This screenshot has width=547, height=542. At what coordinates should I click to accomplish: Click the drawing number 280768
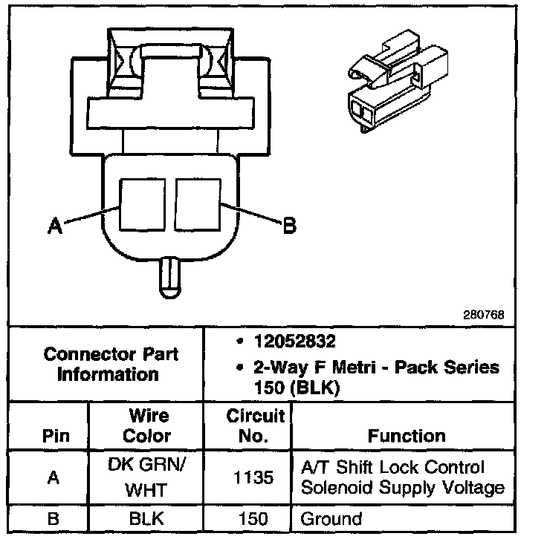(484, 314)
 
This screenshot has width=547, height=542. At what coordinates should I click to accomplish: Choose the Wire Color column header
(146, 425)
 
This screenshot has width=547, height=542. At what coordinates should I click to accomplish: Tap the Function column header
(406, 436)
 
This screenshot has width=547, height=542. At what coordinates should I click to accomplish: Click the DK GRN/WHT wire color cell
(146, 478)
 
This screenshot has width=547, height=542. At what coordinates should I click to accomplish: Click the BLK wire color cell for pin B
(146, 519)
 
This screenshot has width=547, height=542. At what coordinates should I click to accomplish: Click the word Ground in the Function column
(331, 519)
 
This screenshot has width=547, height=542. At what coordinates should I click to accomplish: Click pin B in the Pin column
(52, 519)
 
